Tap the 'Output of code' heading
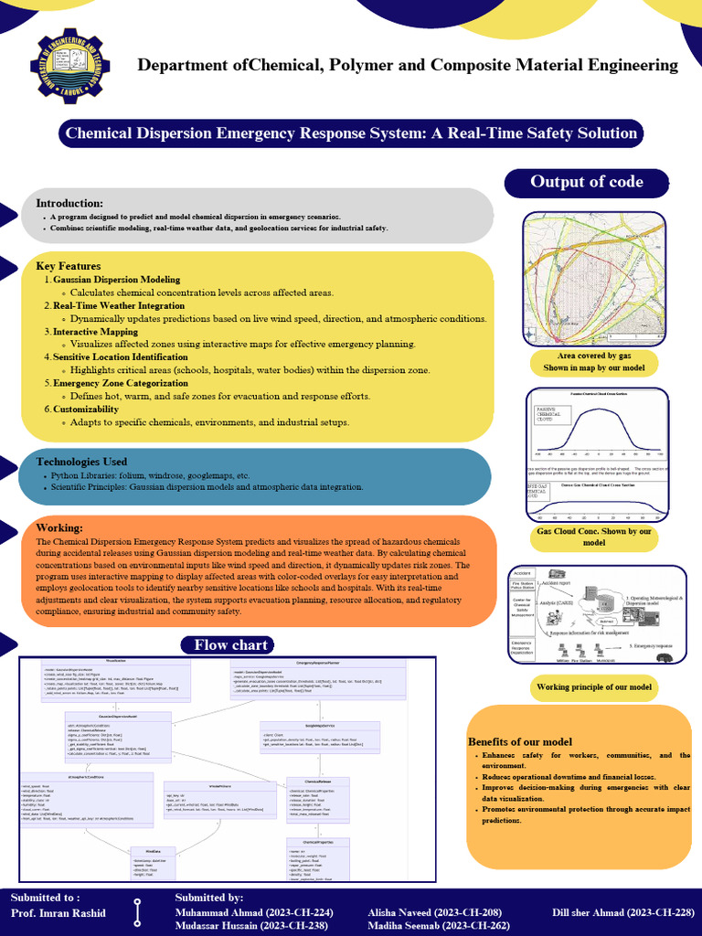tap(587, 182)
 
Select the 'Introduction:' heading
tap(69, 202)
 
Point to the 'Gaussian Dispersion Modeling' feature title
tap(116, 279)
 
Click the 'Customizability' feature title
tap(86, 409)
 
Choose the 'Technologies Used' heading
tap(81, 462)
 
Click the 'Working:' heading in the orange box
tap(59, 528)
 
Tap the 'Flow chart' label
tap(230, 645)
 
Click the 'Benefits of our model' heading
tap(521, 740)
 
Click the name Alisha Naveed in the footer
tap(434, 913)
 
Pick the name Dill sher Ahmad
tap(630, 913)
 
